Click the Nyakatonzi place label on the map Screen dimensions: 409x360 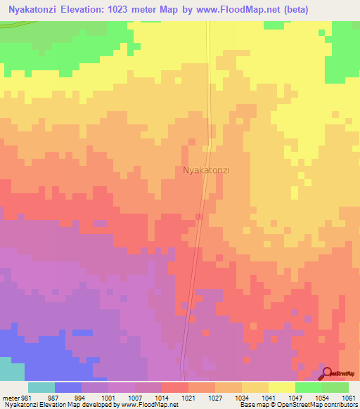(x=206, y=170)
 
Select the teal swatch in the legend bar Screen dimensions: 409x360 (x=41, y=387)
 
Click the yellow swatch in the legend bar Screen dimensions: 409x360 (x=281, y=387)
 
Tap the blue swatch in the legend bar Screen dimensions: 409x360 (x=67, y=387)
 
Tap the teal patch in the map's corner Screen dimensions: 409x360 (x=11, y=370)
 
